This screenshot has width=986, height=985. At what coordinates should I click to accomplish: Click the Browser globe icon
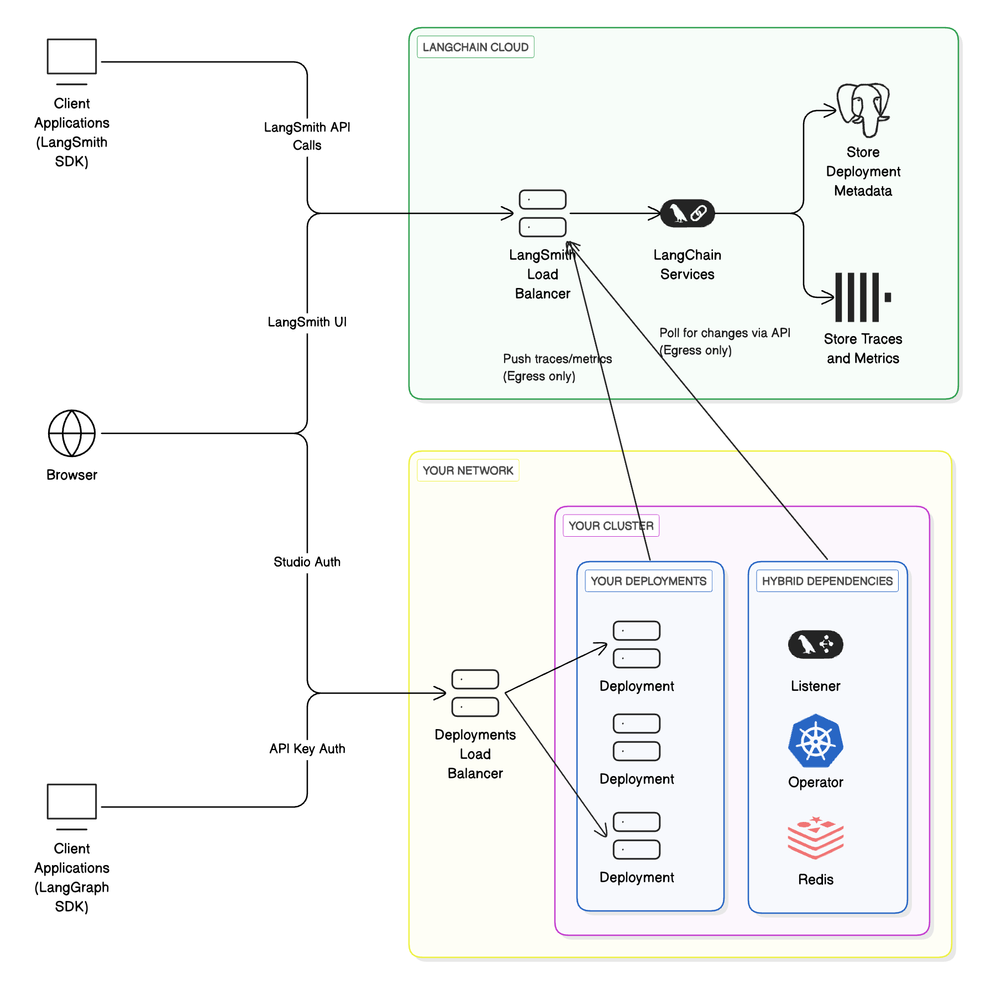72,433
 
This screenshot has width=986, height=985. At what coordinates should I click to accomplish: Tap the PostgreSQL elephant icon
863,109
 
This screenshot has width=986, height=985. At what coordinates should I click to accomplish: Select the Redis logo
815,837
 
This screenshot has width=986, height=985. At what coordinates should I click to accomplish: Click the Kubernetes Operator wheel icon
815,741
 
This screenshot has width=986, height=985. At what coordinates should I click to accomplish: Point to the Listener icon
815,645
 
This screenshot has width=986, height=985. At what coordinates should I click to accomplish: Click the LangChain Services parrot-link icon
687,213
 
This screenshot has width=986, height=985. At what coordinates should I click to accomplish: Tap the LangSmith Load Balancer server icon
542,213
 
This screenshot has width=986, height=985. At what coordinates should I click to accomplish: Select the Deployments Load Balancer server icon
475,693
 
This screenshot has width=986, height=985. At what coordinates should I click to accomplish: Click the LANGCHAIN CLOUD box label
475,47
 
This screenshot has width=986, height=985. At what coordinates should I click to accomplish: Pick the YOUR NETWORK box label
468,470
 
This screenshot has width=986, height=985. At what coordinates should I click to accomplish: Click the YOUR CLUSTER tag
611,526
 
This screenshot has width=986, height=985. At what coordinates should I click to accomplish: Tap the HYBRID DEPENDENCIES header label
827,581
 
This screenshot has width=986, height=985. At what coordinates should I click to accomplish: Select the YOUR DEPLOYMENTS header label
648,581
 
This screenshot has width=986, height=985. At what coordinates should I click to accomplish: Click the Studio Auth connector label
307,562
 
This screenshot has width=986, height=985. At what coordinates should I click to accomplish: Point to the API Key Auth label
307,748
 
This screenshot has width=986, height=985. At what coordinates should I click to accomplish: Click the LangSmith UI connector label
307,322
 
